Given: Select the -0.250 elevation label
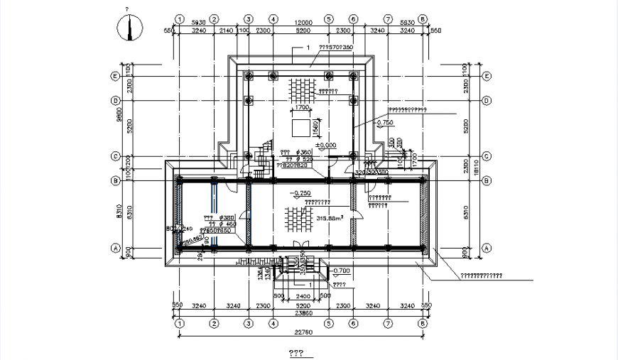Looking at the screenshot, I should [x=300, y=193].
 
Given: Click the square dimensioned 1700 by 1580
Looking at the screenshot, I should [x=300, y=129].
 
